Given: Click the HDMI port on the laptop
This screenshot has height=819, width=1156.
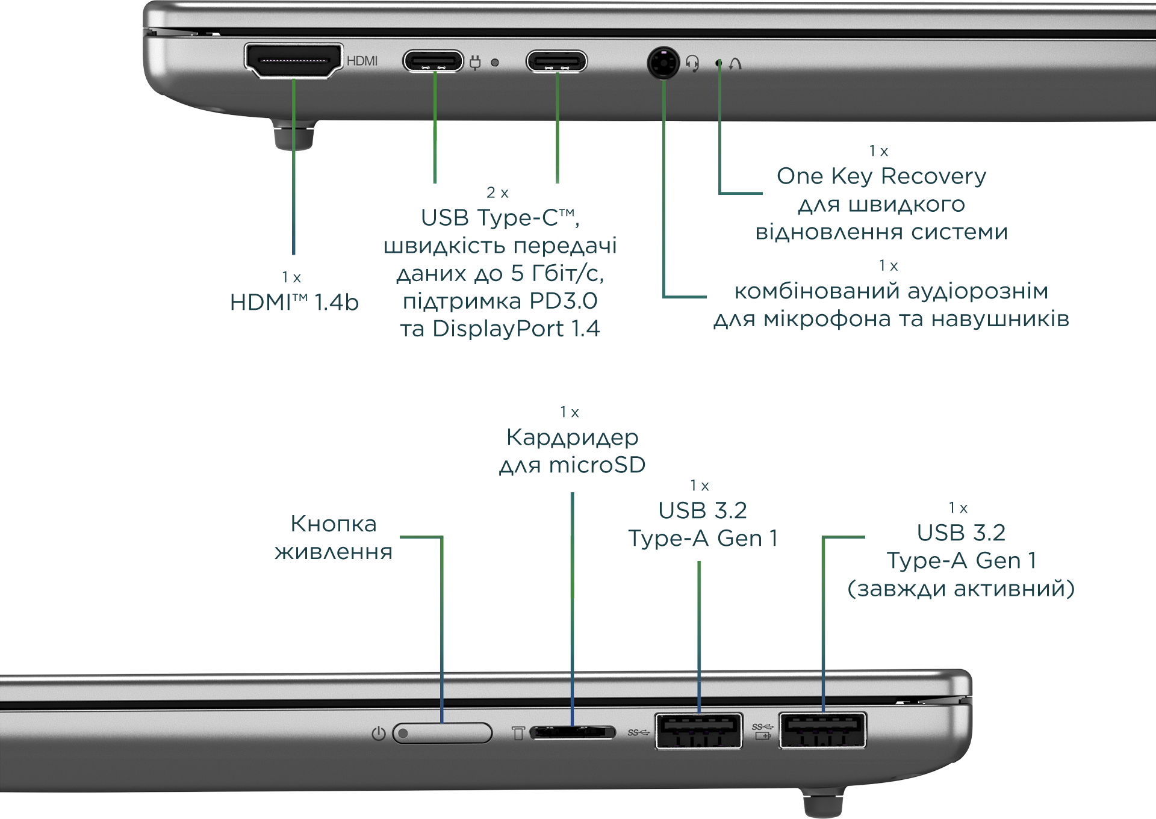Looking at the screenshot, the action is point(293,61).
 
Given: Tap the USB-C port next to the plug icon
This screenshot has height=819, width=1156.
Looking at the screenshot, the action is point(433,61).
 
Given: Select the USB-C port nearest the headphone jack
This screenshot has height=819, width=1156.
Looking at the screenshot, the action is point(556,61).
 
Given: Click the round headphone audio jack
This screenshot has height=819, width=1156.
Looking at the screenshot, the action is point(663,62).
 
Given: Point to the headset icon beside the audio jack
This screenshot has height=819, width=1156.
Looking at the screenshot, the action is point(692,63).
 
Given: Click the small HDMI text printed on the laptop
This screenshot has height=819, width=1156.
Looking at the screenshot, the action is point(362,61).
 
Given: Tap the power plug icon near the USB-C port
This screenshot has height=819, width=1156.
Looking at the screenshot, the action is point(475,62).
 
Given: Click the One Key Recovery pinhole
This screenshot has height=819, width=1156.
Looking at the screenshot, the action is point(718,63).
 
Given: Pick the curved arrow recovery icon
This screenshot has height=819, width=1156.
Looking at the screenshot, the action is point(735,63).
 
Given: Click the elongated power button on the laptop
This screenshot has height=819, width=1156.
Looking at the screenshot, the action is point(442,733).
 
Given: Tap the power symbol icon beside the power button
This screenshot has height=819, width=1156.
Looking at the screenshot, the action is point(378,734).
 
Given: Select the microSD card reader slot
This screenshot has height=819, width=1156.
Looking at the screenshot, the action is point(573,732).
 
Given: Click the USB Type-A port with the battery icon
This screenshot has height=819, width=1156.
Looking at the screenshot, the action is point(822,730).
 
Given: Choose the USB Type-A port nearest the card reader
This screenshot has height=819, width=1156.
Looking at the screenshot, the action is point(698,730).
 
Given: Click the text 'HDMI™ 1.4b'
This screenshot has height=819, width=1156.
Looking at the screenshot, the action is point(294,302).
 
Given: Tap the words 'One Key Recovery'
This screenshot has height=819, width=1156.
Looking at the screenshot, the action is point(881,176).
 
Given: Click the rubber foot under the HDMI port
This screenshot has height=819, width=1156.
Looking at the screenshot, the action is point(294,136).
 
